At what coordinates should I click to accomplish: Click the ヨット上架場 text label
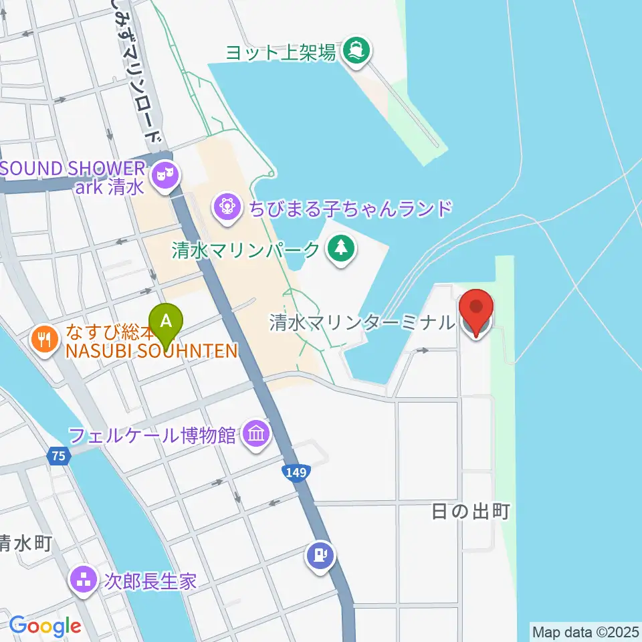pos(280,52)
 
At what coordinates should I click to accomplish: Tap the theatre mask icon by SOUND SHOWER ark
pos(164,177)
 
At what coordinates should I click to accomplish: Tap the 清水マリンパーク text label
pos(246,251)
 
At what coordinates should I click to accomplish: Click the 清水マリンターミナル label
pos(362,323)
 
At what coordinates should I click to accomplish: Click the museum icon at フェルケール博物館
pos(257,435)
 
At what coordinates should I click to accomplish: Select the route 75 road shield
pos(58,457)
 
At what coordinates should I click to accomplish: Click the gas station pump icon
pos(320,556)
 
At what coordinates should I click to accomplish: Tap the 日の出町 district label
pos(471,512)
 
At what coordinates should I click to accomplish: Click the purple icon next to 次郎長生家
pos(84,579)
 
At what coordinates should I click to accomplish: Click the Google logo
pos(45,626)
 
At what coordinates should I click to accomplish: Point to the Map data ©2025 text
pos(586,631)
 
